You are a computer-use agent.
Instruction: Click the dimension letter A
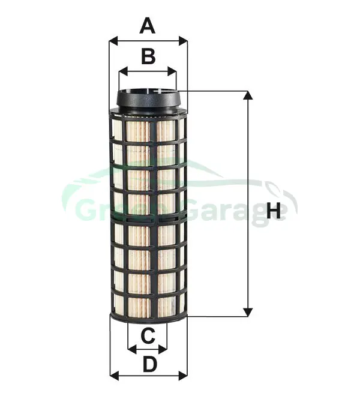(x=148, y=26)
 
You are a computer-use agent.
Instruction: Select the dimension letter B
(x=148, y=56)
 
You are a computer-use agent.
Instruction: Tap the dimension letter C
(x=148, y=335)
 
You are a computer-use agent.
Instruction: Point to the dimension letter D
(x=149, y=364)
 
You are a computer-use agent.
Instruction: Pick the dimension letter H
(x=273, y=211)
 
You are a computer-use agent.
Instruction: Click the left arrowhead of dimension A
(x=113, y=41)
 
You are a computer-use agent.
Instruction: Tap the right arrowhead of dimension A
(x=183, y=41)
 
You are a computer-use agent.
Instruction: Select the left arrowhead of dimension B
(x=122, y=72)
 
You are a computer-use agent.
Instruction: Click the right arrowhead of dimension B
(x=172, y=72)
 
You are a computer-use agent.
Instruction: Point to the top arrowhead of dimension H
(x=248, y=95)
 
